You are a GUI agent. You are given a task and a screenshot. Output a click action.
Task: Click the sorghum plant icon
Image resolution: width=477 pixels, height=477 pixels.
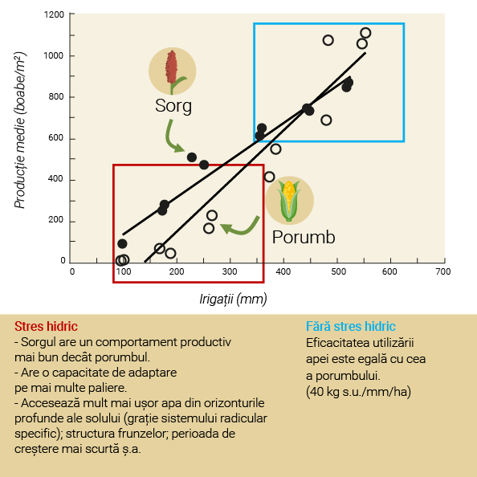pyautogui.click(x=172, y=71)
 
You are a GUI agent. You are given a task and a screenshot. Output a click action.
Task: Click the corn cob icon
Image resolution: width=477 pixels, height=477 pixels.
pyautogui.click(x=289, y=201)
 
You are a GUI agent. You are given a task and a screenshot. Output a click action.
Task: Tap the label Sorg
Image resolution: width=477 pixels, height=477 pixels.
pyautogui.click(x=173, y=106)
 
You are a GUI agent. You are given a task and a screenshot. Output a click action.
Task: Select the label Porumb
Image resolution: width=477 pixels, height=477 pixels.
pyautogui.click(x=304, y=237)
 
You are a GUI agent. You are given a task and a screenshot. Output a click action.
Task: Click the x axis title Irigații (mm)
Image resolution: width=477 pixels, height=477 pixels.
pyautogui.click(x=234, y=299)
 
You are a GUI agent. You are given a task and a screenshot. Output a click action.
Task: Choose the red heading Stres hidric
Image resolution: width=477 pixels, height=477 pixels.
pyautogui.click(x=47, y=326)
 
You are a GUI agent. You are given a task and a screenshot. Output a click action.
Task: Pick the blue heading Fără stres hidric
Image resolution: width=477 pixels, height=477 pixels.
pyautogui.click(x=351, y=326)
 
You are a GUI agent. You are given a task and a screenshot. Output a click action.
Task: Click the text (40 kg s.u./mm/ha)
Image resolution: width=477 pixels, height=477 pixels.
pyautogui.click(x=358, y=392)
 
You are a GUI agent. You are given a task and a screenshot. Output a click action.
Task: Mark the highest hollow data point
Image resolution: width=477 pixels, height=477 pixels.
pyautogui.click(x=365, y=33)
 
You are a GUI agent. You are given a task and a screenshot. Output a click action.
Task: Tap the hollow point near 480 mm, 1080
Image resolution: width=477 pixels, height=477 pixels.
pyautogui.click(x=328, y=40)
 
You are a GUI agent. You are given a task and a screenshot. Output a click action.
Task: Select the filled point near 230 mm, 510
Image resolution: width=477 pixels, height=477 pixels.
pyautogui.click(x=192, y=157)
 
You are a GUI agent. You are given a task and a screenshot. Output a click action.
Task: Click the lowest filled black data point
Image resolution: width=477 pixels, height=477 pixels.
pyautogui.click(x=122, y=243)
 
